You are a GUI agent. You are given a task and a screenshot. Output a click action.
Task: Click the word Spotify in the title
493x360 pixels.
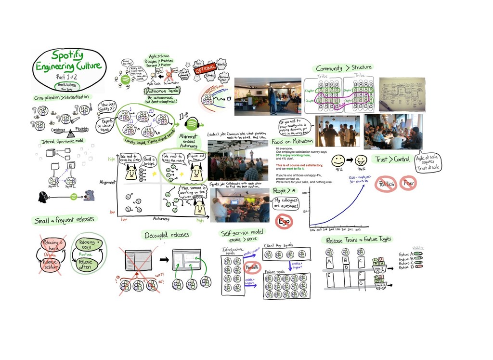tap(67, 55)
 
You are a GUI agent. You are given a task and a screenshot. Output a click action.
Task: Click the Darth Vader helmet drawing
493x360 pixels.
tap(43, 196)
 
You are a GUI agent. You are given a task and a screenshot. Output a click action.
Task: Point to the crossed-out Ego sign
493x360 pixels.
tap(284, 221)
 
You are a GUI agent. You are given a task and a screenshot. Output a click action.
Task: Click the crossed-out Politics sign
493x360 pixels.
tap(387, 184)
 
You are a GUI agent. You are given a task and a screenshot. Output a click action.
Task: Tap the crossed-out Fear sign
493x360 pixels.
tap(410, 183)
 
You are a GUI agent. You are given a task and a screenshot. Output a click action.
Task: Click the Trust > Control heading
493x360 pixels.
tap(393, 160)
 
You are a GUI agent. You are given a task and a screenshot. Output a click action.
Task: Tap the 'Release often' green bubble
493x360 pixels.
tap(85, 264)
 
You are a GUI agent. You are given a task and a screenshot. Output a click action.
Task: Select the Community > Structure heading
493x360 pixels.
tap(344, 67)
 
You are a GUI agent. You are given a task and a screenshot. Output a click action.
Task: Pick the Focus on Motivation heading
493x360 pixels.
tap(292, 142)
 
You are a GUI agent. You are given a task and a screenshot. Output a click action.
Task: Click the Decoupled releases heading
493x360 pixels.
tap(167, 235)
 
